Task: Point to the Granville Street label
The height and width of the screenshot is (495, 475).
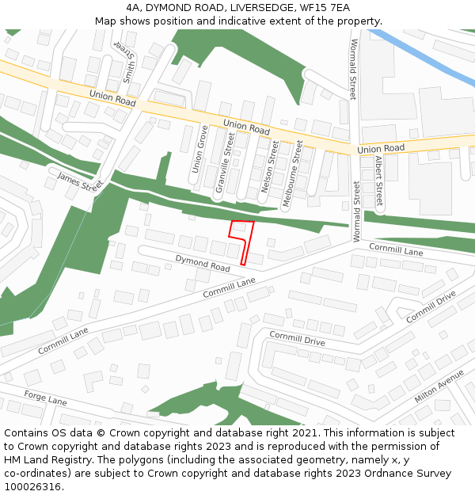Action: [x=225, y=163]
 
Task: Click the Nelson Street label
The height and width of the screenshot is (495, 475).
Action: [x=270, y=167]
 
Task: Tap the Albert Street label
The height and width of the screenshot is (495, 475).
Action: [x=378, y=181]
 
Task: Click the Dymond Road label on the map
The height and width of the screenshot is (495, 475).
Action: [x=203, y=263]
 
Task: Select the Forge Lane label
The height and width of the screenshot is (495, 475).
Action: [x=45, y=398]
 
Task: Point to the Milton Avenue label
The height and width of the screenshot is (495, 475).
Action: [x=439, y=385]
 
